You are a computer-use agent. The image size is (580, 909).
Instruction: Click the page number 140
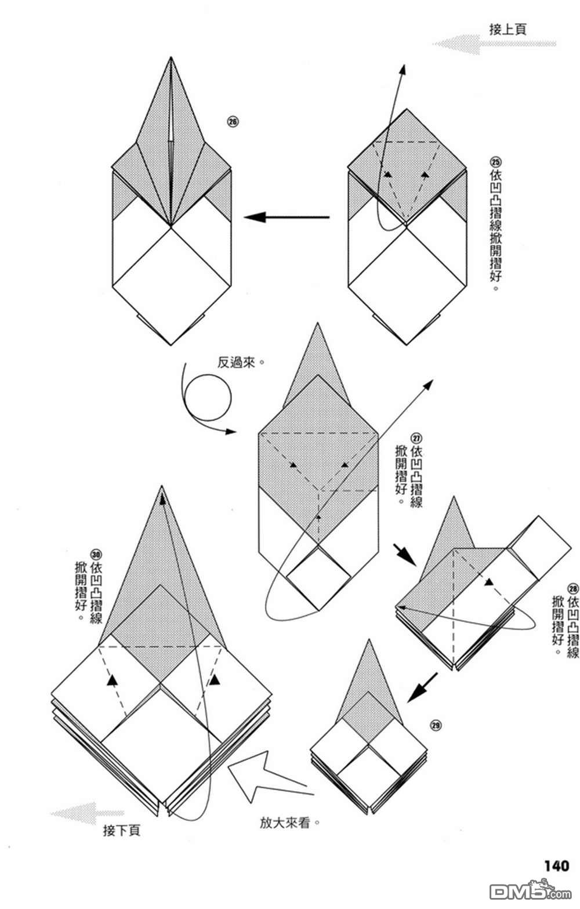[556, 865]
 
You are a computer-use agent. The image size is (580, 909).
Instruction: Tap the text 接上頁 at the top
[507, 29]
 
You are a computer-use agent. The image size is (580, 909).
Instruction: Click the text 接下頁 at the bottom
[121, 831]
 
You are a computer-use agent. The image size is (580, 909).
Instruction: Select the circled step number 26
[233, 122]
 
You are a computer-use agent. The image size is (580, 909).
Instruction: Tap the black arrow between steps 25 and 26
[287, 218]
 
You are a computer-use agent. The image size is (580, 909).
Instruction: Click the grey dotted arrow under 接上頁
[493, 44]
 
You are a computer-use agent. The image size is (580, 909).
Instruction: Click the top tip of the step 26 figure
[171, 58]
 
